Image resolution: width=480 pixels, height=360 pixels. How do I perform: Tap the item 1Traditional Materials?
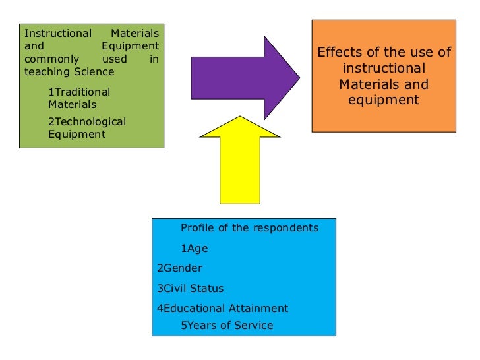point(79,98)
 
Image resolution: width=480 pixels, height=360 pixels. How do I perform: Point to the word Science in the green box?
point(93,71)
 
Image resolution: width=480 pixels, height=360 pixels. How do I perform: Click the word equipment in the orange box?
point(384,100)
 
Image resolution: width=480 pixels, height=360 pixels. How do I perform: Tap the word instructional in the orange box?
point(384,69)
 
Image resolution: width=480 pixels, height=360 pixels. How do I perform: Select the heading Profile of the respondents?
point(249,228)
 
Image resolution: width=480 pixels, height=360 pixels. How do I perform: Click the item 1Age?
point(194,248)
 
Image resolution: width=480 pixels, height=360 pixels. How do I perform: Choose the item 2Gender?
point(179,268)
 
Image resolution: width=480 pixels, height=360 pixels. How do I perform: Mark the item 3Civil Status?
point(190,288)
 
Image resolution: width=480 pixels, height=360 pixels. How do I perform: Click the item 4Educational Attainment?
point(222,308)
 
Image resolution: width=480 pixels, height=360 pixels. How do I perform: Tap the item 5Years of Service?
point(226,325)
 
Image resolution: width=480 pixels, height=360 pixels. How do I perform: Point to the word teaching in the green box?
point(46,71)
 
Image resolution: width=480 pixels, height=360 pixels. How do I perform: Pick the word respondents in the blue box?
point(287,228)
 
